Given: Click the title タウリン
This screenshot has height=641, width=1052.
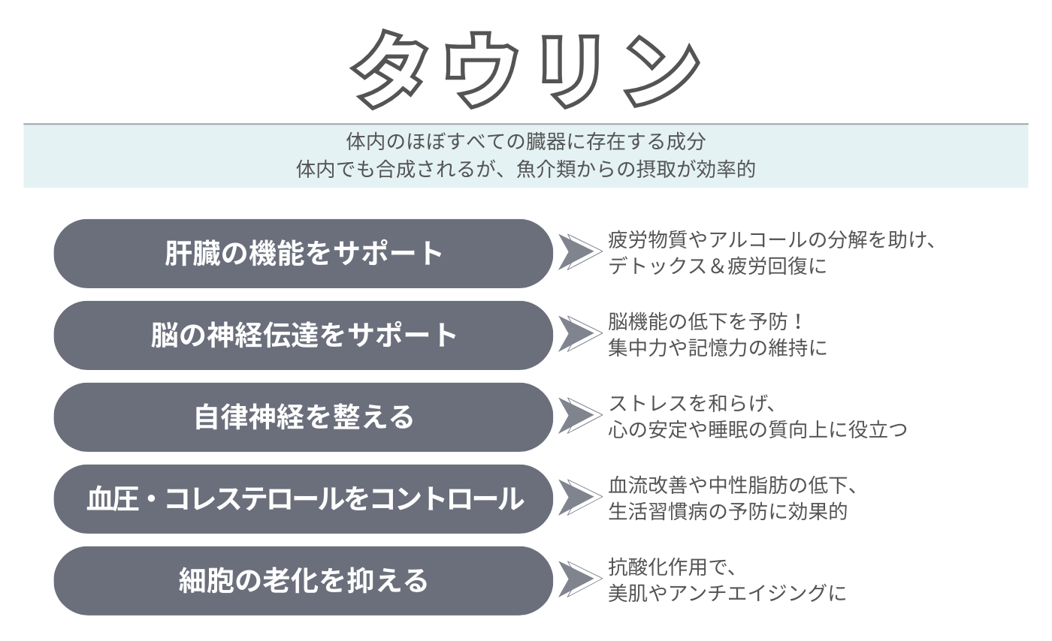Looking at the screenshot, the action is (525, 70).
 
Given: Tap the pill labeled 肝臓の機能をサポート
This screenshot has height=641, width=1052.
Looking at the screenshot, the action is (304, 254).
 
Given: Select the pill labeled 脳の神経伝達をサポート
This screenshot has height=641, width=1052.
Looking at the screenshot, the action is (304, 335).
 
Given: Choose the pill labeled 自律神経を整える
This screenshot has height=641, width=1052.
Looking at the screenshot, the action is (304, 417).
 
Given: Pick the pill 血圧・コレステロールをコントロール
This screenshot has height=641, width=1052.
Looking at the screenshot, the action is (304, 499).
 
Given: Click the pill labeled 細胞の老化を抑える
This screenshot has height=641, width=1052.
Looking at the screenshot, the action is (304, 581).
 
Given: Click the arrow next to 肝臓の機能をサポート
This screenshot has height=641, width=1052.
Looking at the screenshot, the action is (580, 252).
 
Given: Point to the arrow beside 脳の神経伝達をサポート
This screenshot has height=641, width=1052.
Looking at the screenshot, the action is (580, 334).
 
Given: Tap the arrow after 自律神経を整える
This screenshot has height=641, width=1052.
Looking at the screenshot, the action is (580, 416).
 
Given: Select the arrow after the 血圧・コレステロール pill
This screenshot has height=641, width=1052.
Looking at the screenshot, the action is (580, 498).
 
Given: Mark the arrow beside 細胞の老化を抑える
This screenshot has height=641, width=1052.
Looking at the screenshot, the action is (580, 579).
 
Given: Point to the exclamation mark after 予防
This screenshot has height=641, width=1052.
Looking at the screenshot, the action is (797, 322).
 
